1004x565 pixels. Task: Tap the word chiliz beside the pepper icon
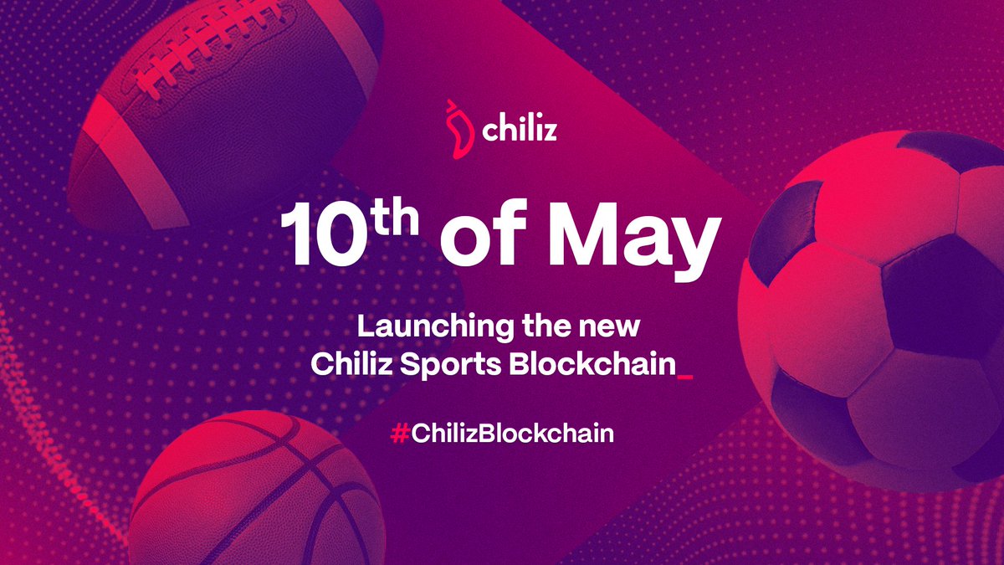pos(519,132)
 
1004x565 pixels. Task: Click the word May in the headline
pos(636,236)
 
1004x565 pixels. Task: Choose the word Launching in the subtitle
pos(426,325)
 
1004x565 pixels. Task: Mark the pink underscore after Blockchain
pos(686,378)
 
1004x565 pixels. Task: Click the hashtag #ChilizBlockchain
pos(502,434)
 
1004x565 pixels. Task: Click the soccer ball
pos(878,310)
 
